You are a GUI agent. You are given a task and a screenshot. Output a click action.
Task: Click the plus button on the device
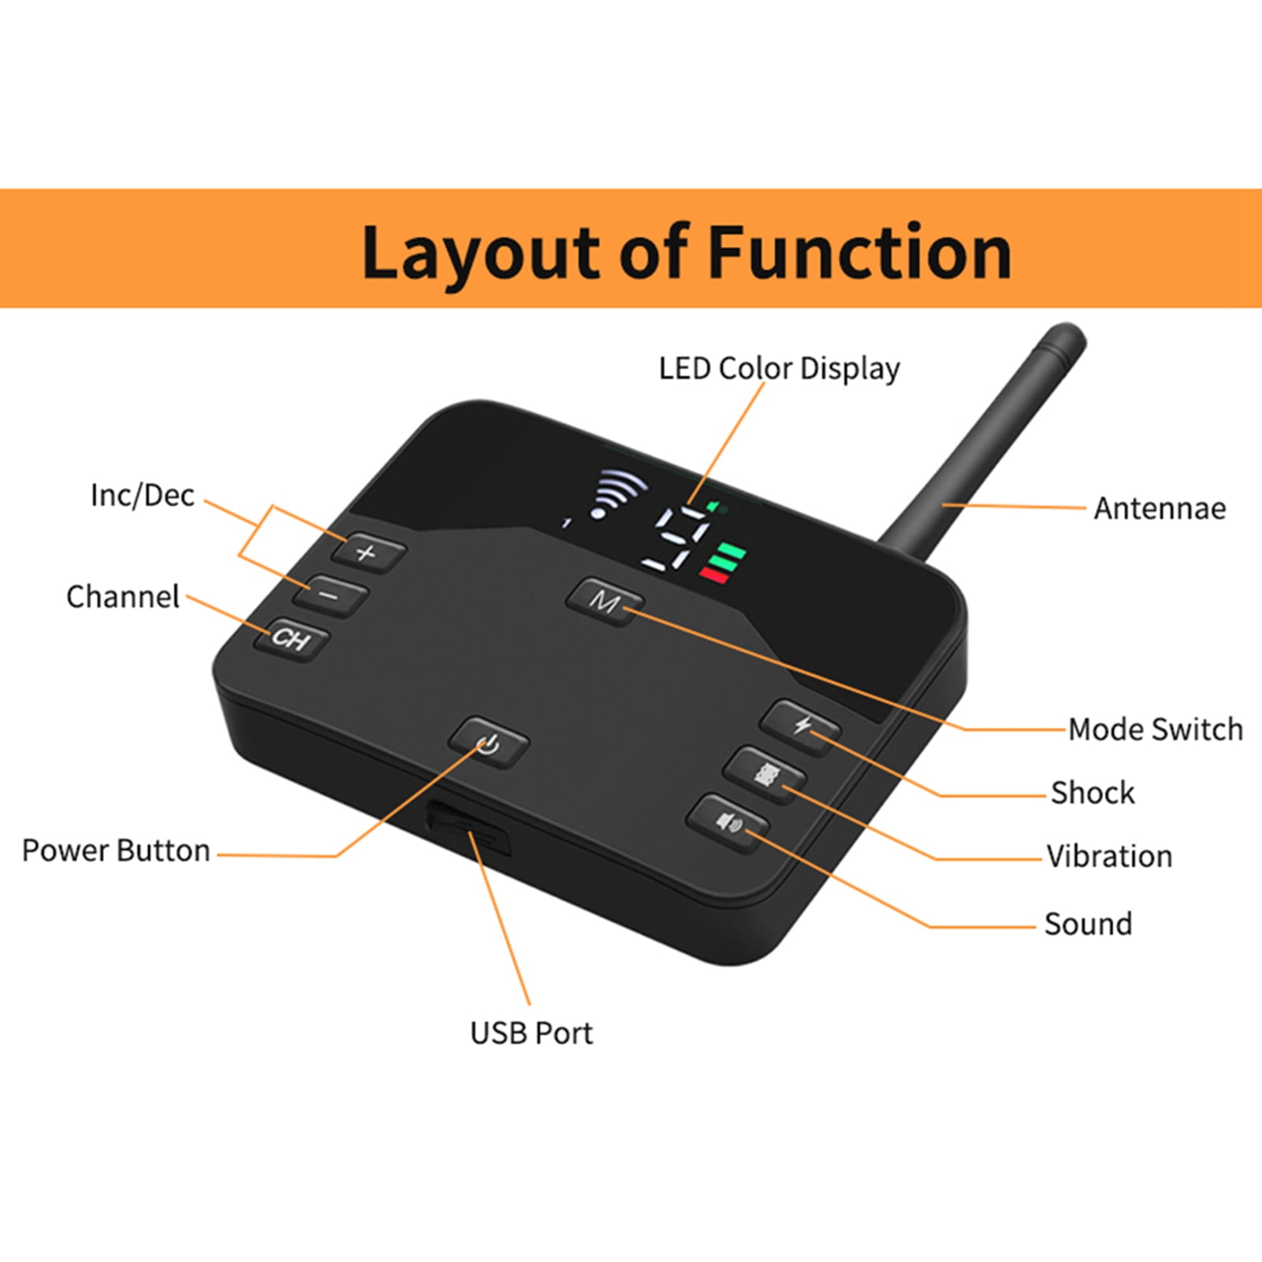click(368, 551)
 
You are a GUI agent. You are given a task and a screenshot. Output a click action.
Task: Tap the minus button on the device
click(329, 595)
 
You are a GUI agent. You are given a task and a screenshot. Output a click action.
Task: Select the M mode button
click(605, 602)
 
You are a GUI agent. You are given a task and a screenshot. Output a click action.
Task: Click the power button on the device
click(489, 742)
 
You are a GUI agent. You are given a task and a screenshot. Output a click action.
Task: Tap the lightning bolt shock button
click(801, 726)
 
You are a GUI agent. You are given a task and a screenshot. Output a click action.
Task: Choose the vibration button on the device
click(765, 774)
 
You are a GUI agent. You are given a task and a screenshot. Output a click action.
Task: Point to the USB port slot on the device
click(468, 828)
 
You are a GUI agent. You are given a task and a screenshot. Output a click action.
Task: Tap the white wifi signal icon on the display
click(620, 493)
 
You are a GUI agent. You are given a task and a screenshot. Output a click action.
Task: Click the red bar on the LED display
click(713, 575)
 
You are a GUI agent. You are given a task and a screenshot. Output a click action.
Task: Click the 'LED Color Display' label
click(779, 369)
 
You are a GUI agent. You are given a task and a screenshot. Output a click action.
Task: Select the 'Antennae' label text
click(1160, 508)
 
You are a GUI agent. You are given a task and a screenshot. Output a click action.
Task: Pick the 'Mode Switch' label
click(1156, 729)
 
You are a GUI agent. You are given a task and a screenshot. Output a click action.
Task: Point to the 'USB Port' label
click(531, 1033)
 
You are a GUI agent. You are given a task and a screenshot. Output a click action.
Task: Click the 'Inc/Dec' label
click(142, 495)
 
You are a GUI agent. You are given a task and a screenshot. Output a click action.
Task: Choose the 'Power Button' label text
click(116, 851)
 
